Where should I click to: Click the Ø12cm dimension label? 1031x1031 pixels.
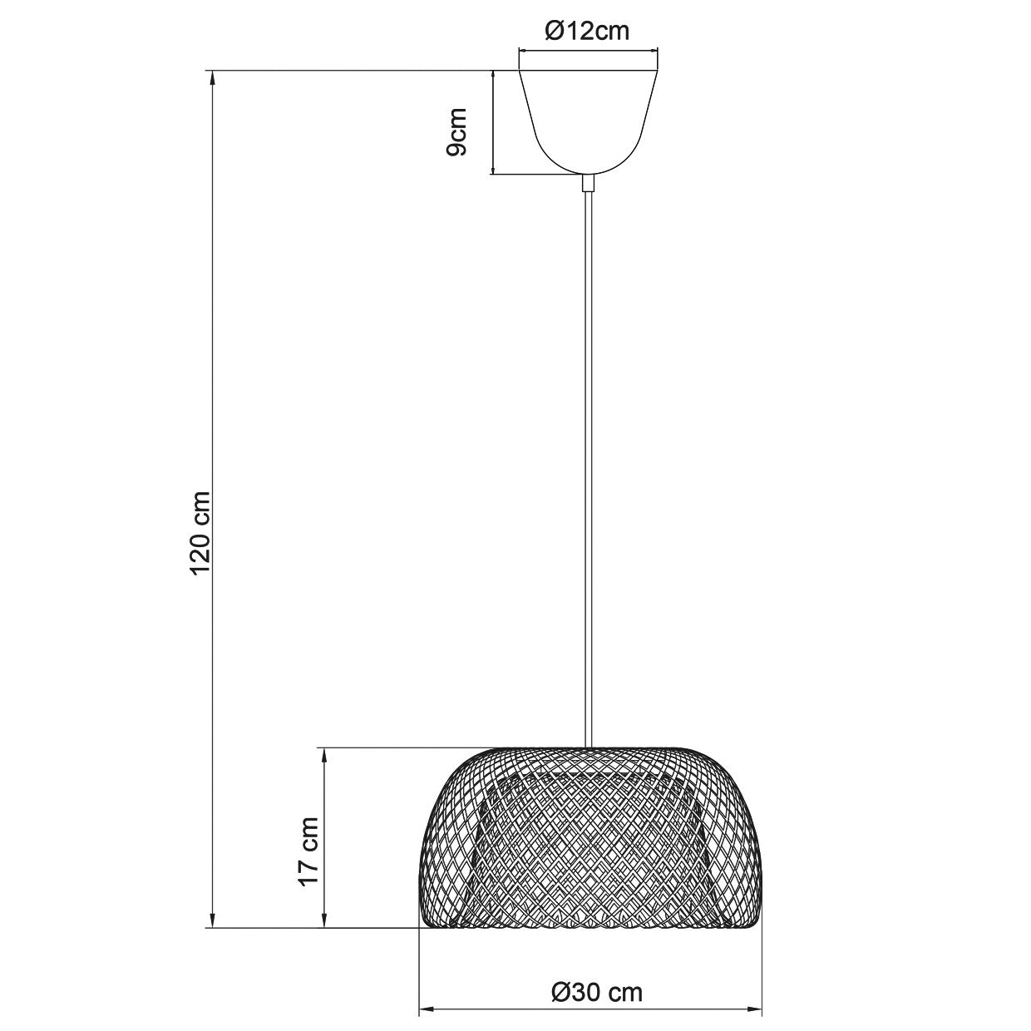tap(587, 32)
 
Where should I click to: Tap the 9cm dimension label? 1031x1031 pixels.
tap(456, 131)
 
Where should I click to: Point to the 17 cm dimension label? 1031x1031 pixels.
tap(309, 851)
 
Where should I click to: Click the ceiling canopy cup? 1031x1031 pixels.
tap(588, 122)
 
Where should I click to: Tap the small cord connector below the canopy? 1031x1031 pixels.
tap(588, 183)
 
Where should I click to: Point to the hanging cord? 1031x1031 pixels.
tap(589, 469)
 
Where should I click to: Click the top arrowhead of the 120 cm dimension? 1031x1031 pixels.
tap(213, 77)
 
